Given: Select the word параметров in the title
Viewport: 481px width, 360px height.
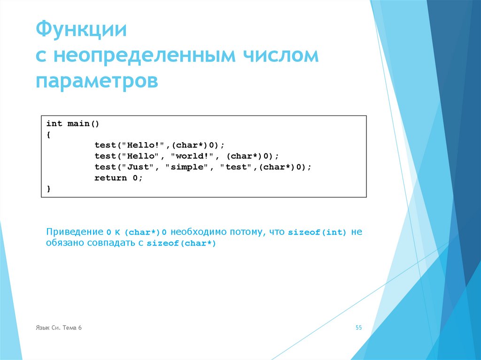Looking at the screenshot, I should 97,81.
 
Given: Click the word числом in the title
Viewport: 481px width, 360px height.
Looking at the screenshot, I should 280,56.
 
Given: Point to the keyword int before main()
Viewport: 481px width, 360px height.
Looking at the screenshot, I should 54,124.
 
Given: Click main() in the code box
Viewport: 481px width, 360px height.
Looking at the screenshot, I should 84,124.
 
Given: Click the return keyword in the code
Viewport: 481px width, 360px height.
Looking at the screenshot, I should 110,178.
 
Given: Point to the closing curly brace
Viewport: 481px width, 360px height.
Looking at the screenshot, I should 48,189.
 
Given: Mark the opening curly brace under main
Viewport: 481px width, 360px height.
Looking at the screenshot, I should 48,135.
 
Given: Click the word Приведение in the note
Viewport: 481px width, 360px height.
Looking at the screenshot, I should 74,232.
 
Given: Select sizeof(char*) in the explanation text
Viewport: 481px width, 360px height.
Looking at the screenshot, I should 181,244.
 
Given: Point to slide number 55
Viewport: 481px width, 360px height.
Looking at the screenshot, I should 358,328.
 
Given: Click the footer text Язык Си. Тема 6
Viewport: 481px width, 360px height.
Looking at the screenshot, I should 58,328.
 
